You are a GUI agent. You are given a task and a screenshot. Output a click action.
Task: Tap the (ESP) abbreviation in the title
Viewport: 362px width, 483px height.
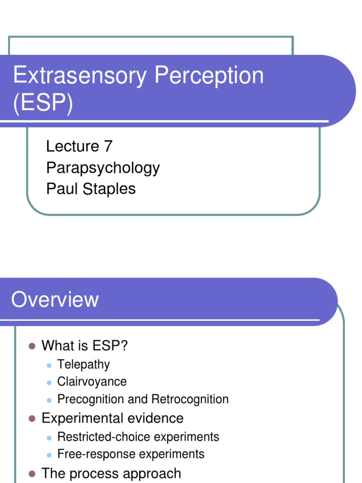[x=43, y=103]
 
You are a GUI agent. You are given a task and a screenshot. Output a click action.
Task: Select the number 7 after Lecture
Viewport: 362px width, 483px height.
[x=107, y=146]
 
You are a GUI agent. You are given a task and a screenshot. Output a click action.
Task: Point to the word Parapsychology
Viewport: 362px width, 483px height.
[x=103, y=167]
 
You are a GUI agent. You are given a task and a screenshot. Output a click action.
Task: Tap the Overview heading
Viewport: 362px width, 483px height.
[x=55, y=300]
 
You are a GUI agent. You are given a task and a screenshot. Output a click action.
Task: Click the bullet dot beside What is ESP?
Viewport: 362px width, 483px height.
[x=32, y=346]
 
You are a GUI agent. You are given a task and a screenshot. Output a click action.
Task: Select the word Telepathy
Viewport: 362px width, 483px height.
[x=83, y=364]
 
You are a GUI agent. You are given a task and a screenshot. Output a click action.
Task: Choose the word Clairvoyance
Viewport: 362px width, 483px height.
[x=92, y=382]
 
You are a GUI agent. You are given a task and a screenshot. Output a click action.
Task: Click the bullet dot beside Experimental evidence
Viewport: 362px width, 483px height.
[x=32, y=418]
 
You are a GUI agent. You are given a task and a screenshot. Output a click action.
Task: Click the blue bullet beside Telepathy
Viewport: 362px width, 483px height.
[x=49, y=365]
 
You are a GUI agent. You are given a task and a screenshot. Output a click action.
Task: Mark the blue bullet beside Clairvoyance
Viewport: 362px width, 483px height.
[x=49, y=382]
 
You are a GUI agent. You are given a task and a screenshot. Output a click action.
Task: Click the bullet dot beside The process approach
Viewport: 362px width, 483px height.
[x=32, y=473]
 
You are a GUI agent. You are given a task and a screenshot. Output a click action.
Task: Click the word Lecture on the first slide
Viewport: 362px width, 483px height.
[x=72, y=146]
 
